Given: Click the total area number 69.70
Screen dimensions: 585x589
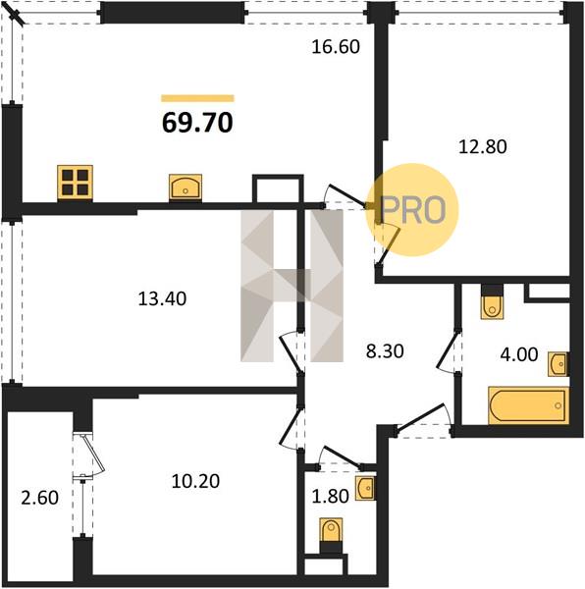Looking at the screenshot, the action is (197, 123).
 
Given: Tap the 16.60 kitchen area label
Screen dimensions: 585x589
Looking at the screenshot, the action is (336, 47).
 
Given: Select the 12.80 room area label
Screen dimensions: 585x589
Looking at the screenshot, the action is (483, 146).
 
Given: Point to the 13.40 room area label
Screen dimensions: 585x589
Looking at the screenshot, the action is (162, 299).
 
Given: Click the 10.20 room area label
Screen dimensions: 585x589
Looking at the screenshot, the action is (195, 481).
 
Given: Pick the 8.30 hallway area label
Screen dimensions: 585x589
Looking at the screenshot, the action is (385, 351).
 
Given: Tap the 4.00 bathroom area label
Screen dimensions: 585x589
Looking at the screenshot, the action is (519, 354).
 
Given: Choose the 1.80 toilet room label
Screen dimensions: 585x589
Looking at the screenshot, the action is (331, 496).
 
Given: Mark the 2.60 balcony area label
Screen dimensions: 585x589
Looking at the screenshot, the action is (40, 498).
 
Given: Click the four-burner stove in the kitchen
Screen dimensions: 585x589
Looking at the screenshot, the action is (76, 183).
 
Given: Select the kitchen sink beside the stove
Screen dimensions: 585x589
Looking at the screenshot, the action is (186, 187).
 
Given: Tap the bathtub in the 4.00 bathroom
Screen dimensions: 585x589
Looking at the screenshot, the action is (528, 405).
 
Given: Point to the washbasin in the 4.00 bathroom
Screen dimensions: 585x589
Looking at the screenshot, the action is (558, 363).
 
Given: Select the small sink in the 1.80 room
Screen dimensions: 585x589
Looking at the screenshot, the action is (365, 488).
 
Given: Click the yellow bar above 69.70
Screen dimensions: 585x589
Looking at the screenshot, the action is (197, 98).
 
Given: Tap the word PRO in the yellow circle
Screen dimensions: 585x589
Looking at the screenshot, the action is (413, 210).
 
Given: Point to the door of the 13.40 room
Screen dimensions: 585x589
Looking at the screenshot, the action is (292, 352).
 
